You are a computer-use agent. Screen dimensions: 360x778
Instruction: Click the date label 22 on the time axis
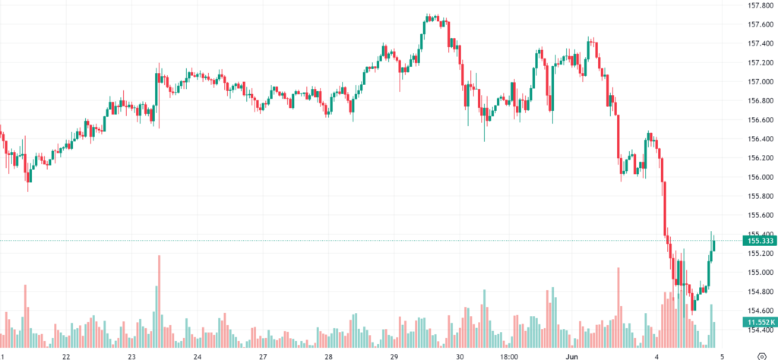tap(67, 356)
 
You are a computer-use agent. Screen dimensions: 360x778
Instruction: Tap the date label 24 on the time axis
tap(198, 356)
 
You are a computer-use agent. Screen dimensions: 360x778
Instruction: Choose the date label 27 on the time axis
tap(263, 356)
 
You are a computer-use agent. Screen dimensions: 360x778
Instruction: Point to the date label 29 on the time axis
tap(394, 356)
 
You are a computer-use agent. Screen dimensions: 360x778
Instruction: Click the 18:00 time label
tap(508, 356)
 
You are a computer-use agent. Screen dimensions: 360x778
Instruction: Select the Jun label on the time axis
tap(574, 356)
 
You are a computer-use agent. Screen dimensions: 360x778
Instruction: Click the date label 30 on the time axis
tap(460, 356)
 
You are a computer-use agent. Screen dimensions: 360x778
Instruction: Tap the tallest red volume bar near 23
tap(160, 296)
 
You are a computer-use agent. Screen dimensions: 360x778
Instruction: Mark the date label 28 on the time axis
tap(329, 356)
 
